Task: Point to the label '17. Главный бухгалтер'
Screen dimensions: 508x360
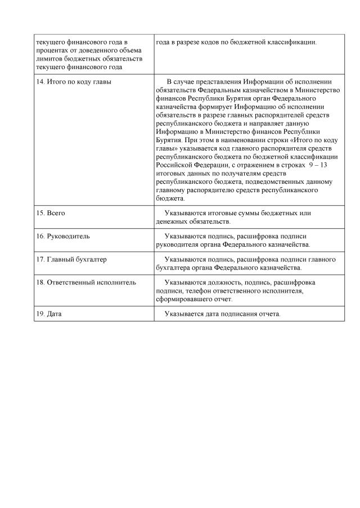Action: (x=71, y=260)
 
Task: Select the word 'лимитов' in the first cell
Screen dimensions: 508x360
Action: (x=48, y=59)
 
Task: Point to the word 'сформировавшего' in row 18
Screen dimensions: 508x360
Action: (x=184, y=300)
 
